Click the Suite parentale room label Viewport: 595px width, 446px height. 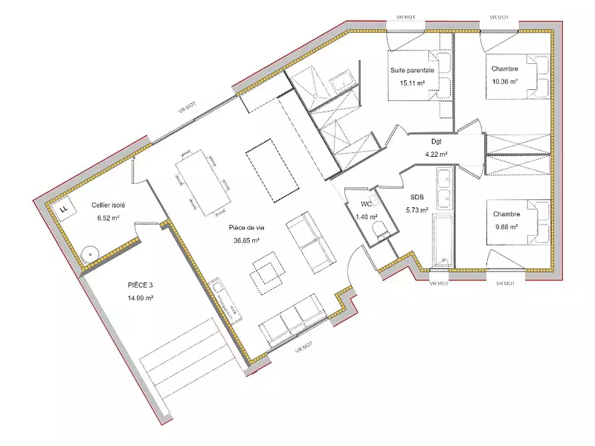[412, 70]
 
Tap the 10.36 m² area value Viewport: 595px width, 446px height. [504, 83]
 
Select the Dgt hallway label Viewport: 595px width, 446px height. [437, 140]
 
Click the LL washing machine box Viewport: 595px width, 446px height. [65, 209]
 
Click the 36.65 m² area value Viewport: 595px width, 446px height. [246, 240]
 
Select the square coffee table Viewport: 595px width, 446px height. [267, 271]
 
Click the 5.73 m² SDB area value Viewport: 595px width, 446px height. [417, 210]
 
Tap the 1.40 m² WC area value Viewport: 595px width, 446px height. [367, 216]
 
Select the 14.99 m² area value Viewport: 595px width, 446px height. [140, 298]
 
